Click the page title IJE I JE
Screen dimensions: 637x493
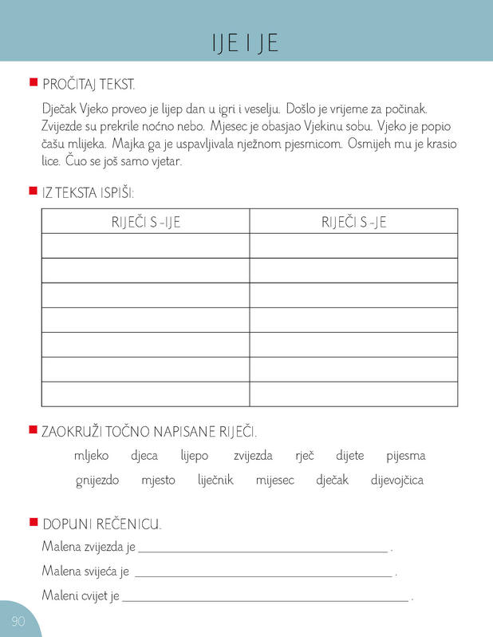246,42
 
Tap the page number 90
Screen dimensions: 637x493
18,621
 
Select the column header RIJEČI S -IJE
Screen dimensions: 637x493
145,222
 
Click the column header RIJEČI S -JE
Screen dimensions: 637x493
353,222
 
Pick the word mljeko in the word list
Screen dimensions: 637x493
91,456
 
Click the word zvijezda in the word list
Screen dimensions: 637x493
253,456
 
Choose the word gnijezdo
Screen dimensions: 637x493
97,480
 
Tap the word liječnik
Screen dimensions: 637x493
215,480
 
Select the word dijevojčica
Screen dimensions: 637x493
396,480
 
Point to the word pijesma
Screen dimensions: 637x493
405,456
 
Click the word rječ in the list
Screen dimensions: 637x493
304,456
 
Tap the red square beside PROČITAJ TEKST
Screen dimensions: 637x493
33,81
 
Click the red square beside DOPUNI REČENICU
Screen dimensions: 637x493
33,522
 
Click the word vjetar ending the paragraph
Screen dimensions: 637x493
166,161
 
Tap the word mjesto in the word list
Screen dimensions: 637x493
157,480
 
